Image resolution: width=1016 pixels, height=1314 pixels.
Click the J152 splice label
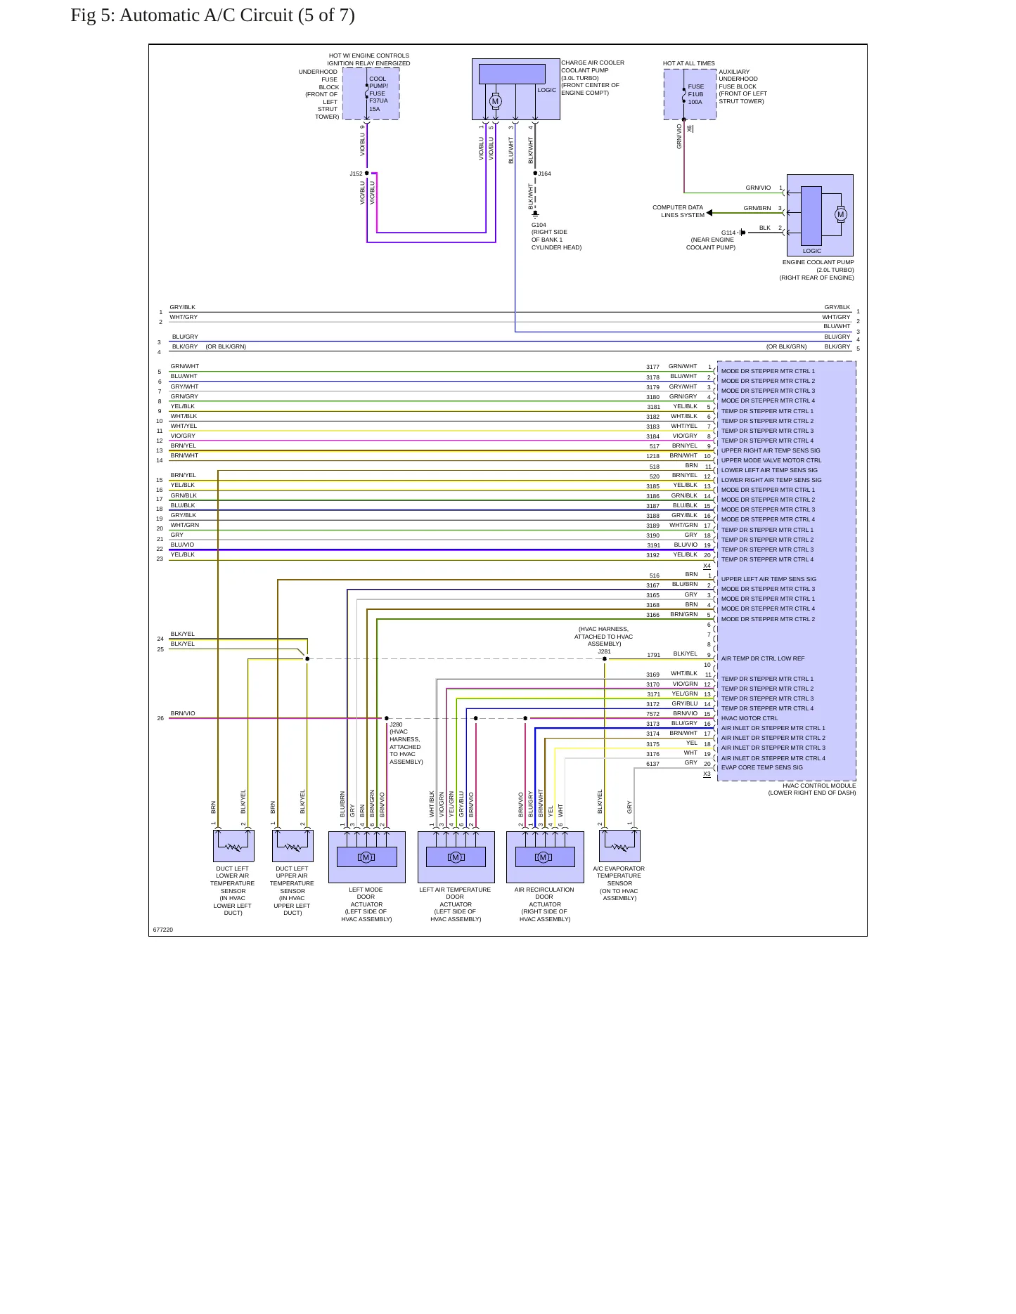pyautogui.click(x=356, y=174)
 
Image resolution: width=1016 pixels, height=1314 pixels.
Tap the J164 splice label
pyautogui.click(x=545, y=174)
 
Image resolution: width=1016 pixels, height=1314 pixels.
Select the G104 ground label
pyautogui.click(x=539, y=225)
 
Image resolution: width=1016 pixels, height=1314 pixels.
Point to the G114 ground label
pyautogui.click(x=728, y=233)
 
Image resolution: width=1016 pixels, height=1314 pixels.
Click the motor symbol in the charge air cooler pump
pyautogui.click(x=495, y=102)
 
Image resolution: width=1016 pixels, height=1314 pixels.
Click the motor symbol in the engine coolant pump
pyautogui.click(x=841, y=214)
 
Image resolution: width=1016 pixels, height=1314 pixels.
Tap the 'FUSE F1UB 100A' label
pyautogui.click(x=695, y=94)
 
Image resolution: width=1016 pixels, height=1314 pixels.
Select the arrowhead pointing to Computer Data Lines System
pyautogui.click(x=709, y=212)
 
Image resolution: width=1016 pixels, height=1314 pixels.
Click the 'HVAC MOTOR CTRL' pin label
pyautogui.click(x=750, y=718)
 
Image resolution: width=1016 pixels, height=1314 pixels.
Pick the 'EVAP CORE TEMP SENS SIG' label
pyautogui.click(x=762, y=767)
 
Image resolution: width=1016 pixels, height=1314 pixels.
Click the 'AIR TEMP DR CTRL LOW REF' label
pyautogui.click(x=763, y=658)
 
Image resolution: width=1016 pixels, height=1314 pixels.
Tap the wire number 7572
pyautogui.click(x=653, y=714)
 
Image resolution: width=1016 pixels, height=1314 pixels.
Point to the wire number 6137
pyautogui.click(x=653, y=764)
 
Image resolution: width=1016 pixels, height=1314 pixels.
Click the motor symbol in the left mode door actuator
pyautogui.click(x=366, y=857)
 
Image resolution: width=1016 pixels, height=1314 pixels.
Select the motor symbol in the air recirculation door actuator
pyautogui.click(x=544, y=857)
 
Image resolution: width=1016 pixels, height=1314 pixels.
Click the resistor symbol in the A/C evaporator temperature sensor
pyautogui.click(x=619, y=847)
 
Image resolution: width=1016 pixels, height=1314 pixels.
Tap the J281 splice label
pyautogui.click(x=605, y=651)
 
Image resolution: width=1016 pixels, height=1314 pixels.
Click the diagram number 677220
pyautogui.click(x=163, y=930)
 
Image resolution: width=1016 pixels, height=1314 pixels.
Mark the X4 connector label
pyautogui.click(x=707, y=566)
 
